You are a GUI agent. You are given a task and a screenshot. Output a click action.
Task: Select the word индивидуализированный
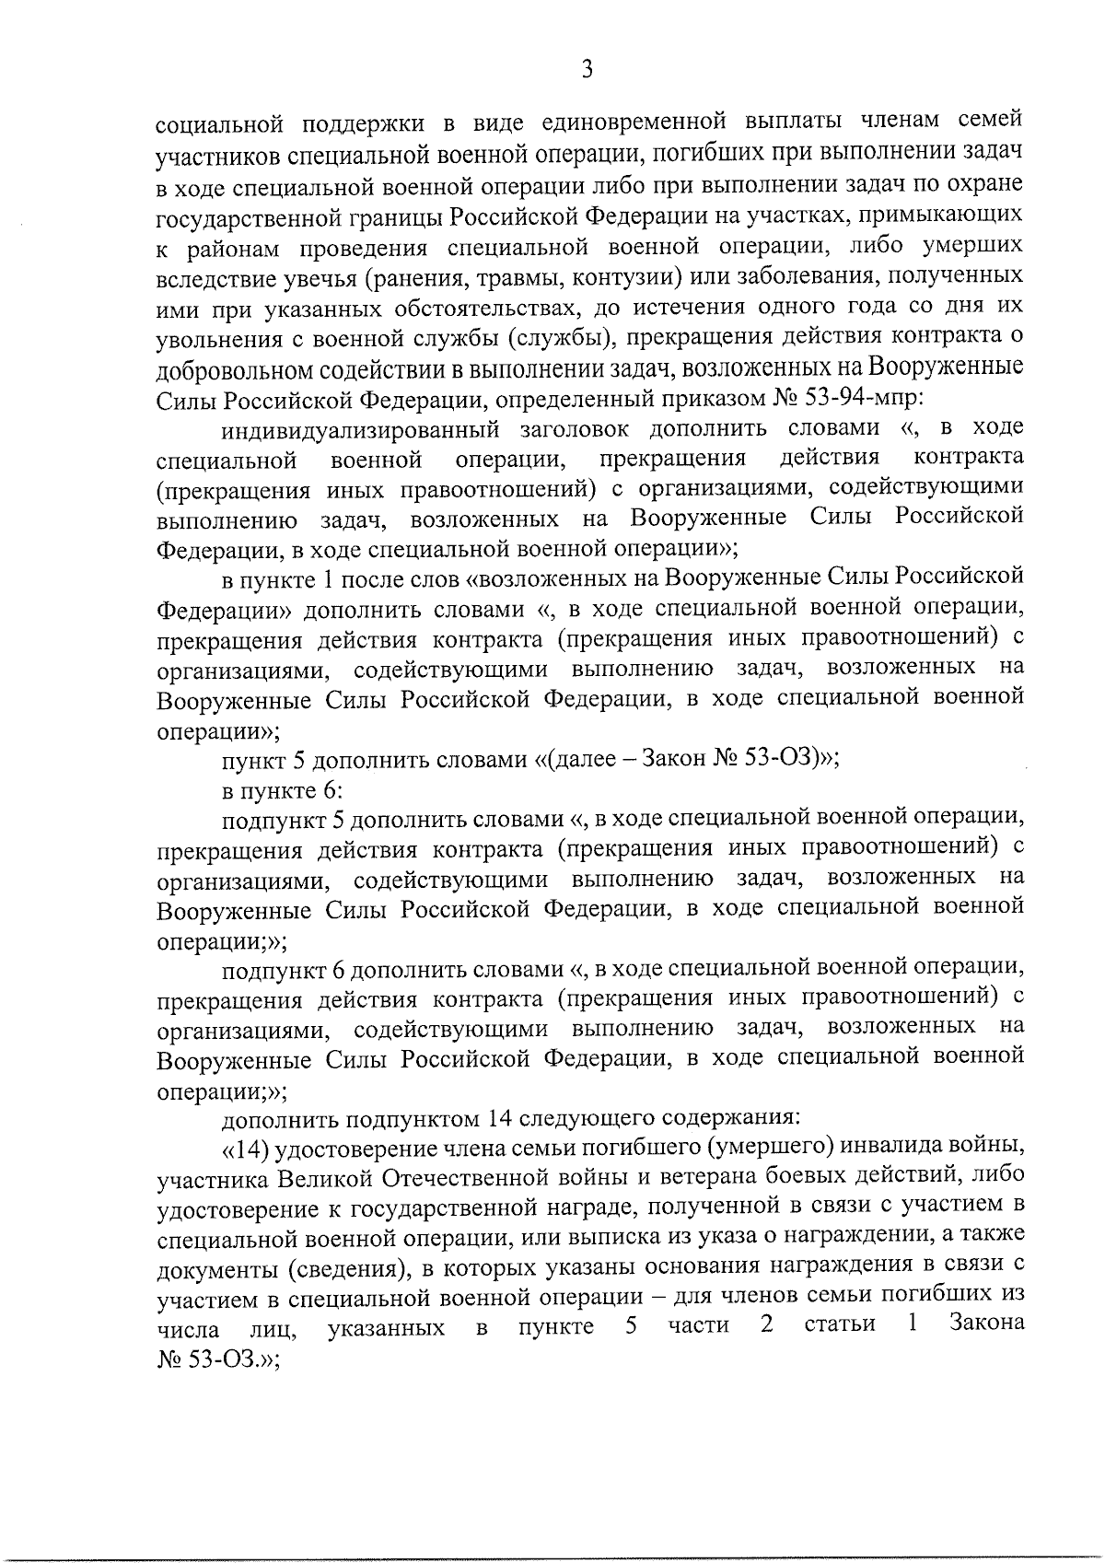click(x=360, y=429)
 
